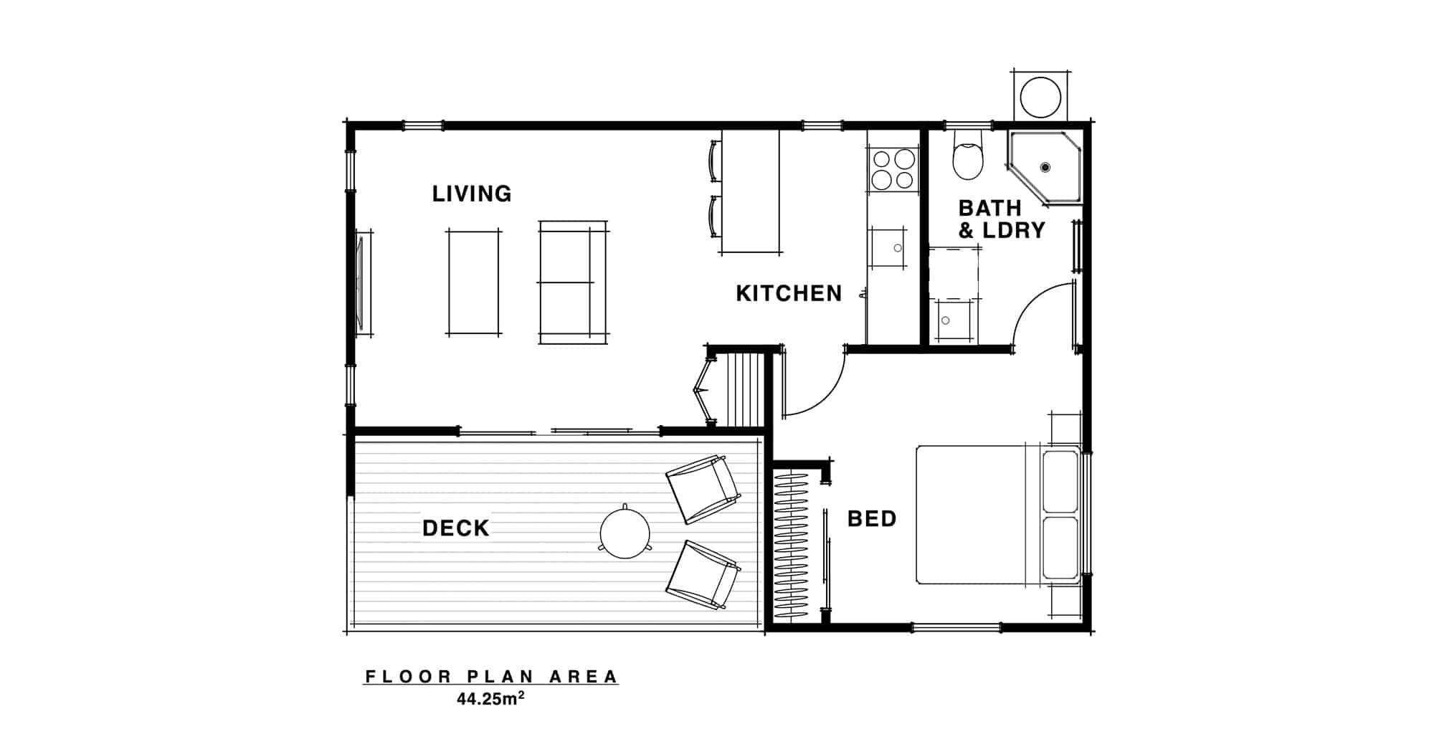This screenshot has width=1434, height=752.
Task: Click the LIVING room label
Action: click(x=472, y=194)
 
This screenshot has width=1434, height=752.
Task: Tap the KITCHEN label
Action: click(x=789, y=293)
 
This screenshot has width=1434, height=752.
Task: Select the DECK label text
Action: click(x=456, y=528)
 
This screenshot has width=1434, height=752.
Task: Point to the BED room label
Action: click(x=872, y=518)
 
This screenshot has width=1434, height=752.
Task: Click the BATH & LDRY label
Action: click(x=1002, y=219)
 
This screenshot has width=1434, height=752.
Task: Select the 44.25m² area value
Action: click(x=490, y=699)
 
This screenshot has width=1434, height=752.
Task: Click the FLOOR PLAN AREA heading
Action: click(x=491, y=677)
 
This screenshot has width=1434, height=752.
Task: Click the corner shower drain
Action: click(x=1045, y=167)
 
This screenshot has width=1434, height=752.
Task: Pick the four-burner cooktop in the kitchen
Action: click(x=893, y=169)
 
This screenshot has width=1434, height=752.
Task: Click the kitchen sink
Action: click(x=888, y=248)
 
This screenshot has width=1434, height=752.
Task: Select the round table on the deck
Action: click(x=625, y=533)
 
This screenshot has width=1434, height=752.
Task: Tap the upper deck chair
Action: click(x=703, y=490)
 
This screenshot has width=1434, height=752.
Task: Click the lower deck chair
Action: click(x=703, y=575)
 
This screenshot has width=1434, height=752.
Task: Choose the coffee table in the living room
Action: click(x=474, y=282)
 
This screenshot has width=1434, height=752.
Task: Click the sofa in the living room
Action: click(x=574, y=282)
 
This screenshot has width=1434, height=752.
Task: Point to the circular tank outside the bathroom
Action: click(x=1040, y=97)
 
